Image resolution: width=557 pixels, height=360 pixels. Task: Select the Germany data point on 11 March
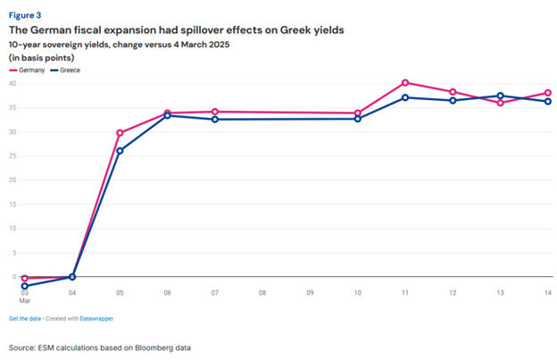tap(405, 82)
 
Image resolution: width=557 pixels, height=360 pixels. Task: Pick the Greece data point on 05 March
tap(120, 150)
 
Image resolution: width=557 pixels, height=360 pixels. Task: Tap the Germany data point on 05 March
tap(120, 132)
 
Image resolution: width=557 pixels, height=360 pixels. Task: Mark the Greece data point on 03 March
tap(25, 286)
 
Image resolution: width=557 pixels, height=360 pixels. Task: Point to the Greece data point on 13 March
tap(501, 96)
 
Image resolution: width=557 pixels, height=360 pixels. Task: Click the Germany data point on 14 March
tap(548, 92)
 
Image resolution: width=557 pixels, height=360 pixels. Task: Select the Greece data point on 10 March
tap(358, 118)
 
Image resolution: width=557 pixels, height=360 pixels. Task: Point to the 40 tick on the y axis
tap(12, 83)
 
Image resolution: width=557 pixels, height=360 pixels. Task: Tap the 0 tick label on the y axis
tap(14, 277)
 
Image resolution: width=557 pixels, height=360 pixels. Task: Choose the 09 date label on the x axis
tap(310, 292)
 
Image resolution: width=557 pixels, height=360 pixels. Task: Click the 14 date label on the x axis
tap(547, 292)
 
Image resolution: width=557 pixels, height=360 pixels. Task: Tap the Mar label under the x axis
tap(26, 301)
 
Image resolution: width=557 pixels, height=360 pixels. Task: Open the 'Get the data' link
tap(27, 318)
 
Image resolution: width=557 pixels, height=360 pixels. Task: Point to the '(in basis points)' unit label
tap(42, 57)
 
